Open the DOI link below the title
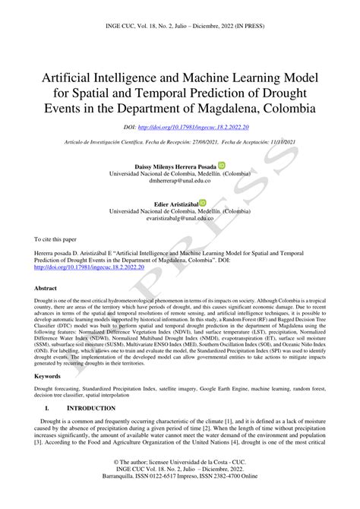point(198,129)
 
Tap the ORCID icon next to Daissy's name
point(222,164)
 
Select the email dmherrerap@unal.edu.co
point(179,181)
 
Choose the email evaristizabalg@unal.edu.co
point(180,220)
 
